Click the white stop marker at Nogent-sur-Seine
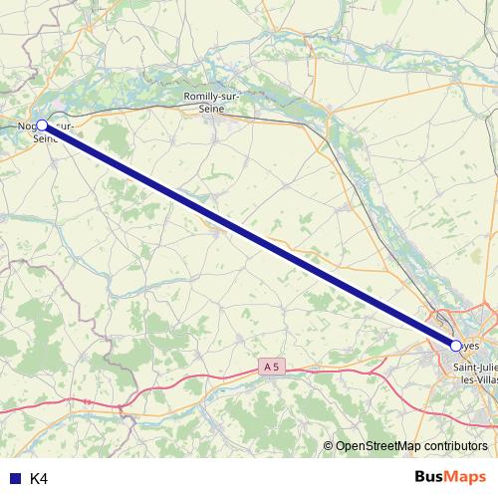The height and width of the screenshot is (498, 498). point(42,125)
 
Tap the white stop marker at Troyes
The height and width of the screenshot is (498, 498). point(455,346)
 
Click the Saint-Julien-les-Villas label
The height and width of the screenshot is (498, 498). point(474,373)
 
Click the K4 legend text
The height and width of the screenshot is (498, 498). point(39,478)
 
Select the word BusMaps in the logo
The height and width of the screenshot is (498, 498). point(449,477)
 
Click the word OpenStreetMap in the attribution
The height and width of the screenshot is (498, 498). point(378,445)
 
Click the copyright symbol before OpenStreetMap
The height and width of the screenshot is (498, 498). point(328,445)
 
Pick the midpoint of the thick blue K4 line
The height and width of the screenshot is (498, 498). point(249,236)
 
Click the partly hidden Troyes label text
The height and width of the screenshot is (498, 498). point(471,347)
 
